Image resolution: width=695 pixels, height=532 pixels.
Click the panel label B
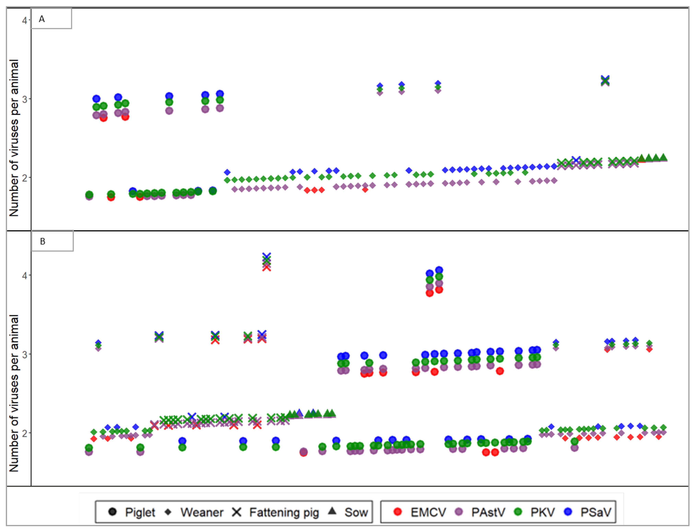(42, 241)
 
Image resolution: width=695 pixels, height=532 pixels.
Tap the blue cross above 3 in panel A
(605, 79)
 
